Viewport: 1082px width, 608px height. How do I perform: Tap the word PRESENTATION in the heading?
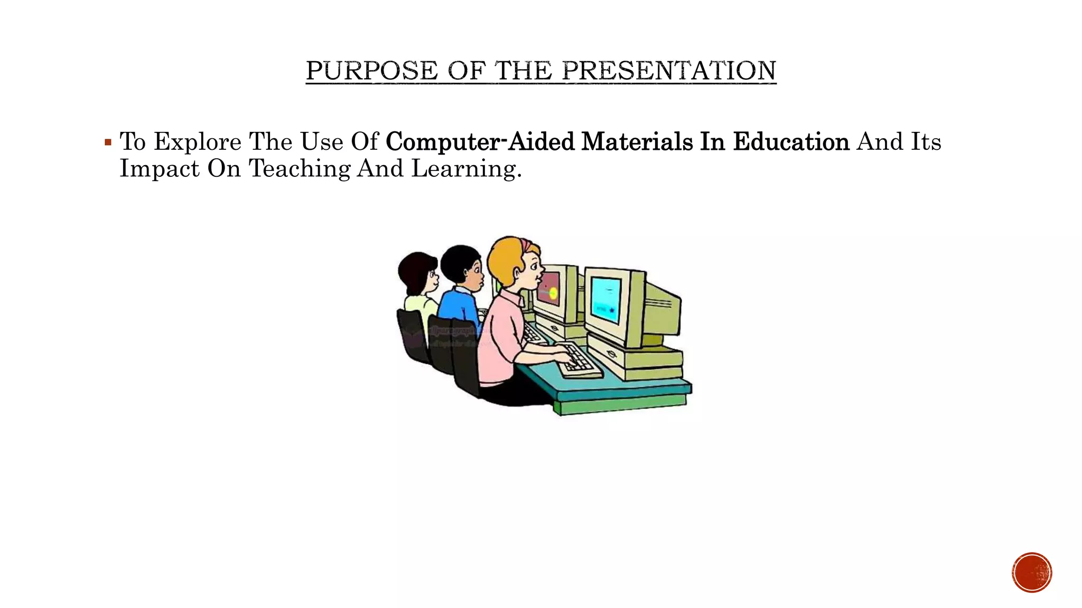coord(669,71)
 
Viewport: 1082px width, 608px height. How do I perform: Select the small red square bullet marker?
coord(108,142)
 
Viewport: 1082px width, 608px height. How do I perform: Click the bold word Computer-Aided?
coord(480,142)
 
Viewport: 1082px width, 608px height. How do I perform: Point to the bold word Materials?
coord(637,142)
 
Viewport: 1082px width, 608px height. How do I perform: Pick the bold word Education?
coord(791,142)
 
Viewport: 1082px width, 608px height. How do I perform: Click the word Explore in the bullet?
coord(198,142)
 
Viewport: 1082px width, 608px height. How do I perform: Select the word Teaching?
coord(299,169)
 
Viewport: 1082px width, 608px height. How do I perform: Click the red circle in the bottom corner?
coord(1032,573)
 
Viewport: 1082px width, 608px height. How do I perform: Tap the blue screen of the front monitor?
coord(605,299)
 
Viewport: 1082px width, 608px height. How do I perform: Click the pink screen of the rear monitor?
coord(549,291)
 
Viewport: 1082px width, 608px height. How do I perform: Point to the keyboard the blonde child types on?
coord(580,361)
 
